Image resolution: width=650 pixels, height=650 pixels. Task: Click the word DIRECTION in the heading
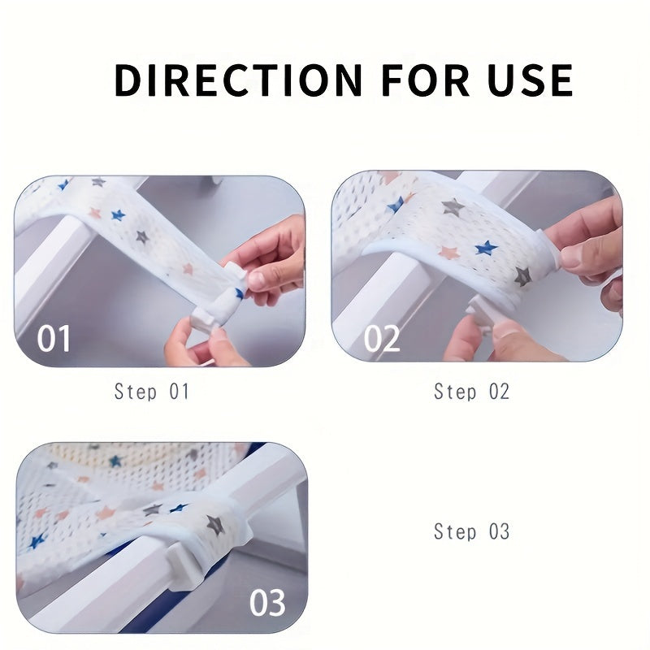click(x=238, y=80)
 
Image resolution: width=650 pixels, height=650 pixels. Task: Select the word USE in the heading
click(x=531, y=80)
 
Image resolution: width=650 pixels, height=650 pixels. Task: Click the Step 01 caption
click(x=152, y=392)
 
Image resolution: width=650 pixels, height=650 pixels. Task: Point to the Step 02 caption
click(x=472, y=392)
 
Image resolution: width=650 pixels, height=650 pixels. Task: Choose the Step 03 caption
click(x=472, y=531)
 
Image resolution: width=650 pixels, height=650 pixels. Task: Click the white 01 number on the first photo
click(x=54, y=339)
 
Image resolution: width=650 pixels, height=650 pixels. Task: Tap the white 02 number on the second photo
click(x=382, y=339)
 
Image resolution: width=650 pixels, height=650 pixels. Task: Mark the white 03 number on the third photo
click(x=268, y=602)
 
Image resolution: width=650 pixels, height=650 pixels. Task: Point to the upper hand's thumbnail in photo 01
click(x=257, y=279)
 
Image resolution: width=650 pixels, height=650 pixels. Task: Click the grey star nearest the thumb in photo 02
click(x=522, y=276)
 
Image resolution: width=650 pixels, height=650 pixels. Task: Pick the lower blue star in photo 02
click(x=486, y=248)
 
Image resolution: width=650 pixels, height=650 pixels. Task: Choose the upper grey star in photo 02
click(x=453, y=206)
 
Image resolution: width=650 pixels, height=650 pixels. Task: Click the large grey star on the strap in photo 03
click(x=216, y=524)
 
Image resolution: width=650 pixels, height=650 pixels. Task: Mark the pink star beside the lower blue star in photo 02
click(x=448, y=252)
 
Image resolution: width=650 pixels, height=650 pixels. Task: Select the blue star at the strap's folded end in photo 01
click(x=240, y=293)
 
